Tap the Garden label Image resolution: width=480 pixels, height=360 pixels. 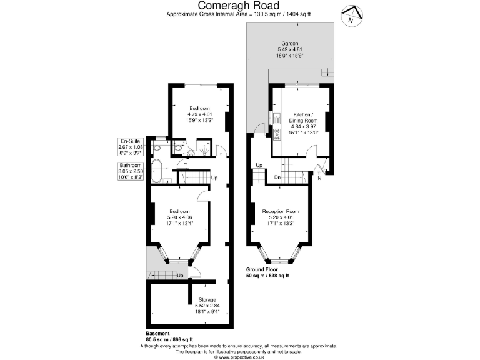click(289, 43)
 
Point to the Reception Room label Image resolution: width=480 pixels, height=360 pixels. click(281, 211)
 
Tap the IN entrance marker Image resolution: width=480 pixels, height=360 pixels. click(319, 179)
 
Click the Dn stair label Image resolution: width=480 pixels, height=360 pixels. click(277, 179)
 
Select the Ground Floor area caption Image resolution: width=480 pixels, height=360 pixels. click(267, 272)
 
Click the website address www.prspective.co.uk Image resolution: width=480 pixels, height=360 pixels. click(239, 357)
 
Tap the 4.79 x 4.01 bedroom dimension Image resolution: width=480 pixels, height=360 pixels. click(200, 114)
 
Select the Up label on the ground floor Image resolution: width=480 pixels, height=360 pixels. click(259, 165)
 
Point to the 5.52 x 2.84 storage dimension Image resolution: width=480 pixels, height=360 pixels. click(207, 306)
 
